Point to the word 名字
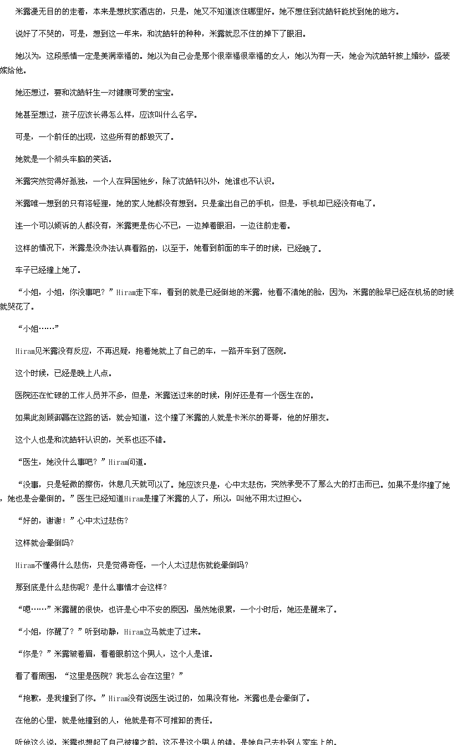(x=186, y=115)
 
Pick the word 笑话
(x=101, y=159)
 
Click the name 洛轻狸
(x=96, y=203)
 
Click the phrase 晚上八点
(x=93, y=373)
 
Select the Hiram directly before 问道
(x=118, y=462)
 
